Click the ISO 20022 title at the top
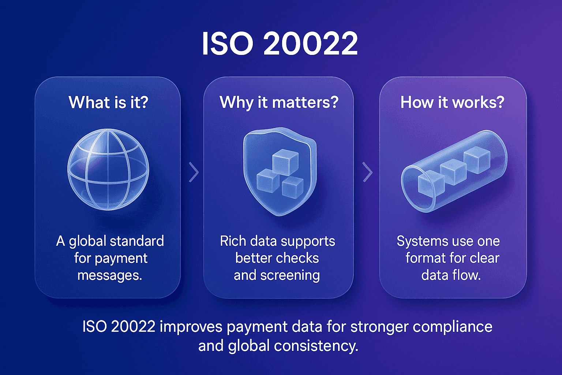tap(280, 44)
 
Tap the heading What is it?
tap(108, 102)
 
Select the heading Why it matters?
tap(279, 102)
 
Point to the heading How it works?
tap(452, 102)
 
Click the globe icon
tap(108, 169)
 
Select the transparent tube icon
tap(454, 171)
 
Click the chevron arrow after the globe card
tap(194, 172)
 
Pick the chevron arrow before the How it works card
tap(367, 172)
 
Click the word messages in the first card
tap(109, 275)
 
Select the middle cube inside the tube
tap(453, 171)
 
